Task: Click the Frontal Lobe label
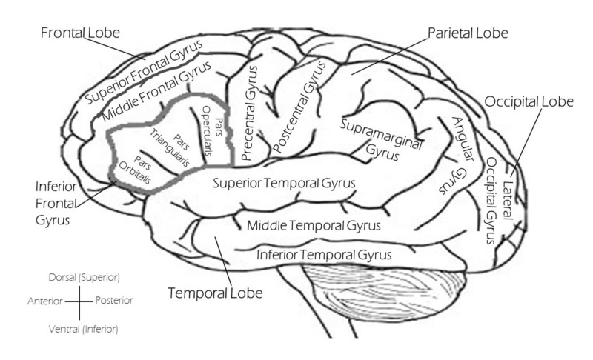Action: click(80, 33)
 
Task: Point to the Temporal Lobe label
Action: click(215, 293)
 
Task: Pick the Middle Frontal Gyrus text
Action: click(156, 94)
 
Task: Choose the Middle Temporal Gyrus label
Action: click(314, 225)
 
